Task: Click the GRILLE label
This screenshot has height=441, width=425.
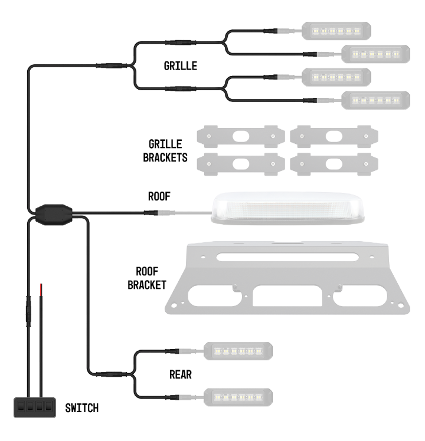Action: click(x=180, y=66)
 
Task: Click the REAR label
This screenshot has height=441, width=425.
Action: click(x=181, y=374)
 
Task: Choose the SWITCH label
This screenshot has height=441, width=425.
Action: click(x=82, y=407)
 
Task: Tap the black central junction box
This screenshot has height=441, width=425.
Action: click(x=53, y=212)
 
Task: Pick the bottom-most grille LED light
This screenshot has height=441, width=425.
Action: click(x=376, y=100)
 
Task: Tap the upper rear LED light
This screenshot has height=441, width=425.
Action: click(x=237, y=351)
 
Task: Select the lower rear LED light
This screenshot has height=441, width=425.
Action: click(x=238, y=396)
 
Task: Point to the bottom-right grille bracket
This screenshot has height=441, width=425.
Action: click(x=334, y=163)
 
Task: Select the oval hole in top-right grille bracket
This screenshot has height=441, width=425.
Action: click(x=334, y=136)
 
